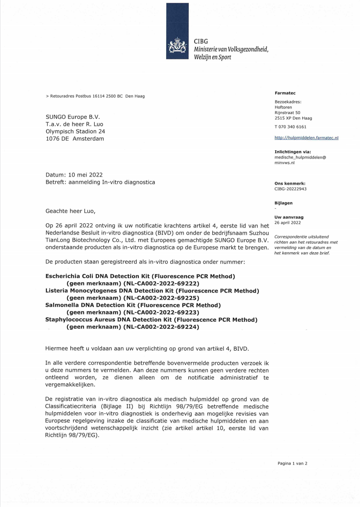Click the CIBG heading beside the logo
pyautogui.click(x=201, y=41)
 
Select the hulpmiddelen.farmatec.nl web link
pyautogui.click(x=306, y=138)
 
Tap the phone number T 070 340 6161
pyautogui.click(x=290, y=127)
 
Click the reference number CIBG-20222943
pyautogui.click(x=290, y=189)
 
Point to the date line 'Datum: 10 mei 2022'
pyautogui.click(x=74, y=174)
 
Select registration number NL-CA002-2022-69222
pyautogui.click(x=161, y=284)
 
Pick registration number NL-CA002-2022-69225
pyautogui.click(x=161, y=298)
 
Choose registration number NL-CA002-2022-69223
pyautogui.click(x=161, y=312)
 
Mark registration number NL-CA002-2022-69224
pyautogui.click(x=161, y=327)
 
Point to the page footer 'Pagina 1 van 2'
pyautogui.click(x=293, y=463)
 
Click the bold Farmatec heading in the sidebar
pyautogui.click(x=285, y=93)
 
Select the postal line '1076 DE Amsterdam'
pyautogui.click(x=74, y=139)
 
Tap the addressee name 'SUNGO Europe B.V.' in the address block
pyautogui.click(x=72, y=116)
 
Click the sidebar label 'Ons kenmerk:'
pyautogui.click(x=290, y=183)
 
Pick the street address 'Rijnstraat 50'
pyautogui.click(x=287, y=112)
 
